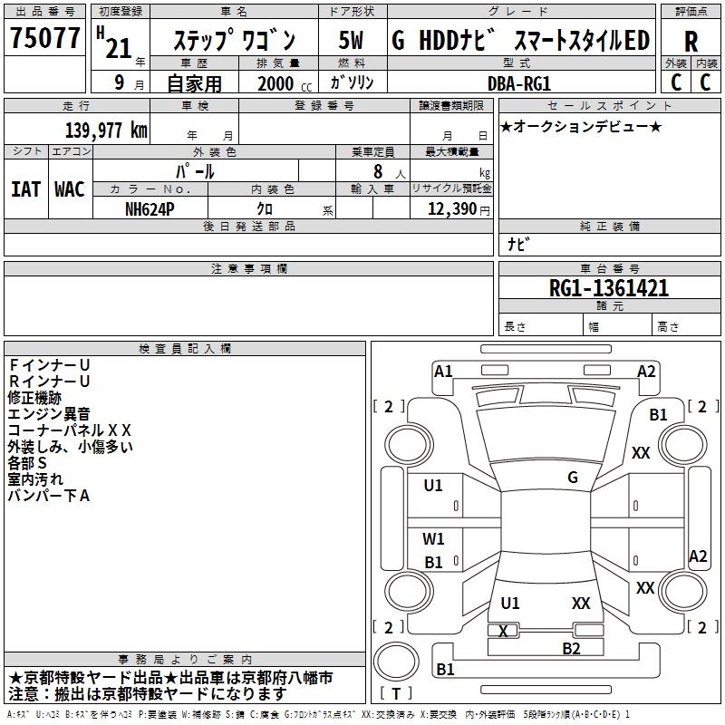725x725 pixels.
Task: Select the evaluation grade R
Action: pyautogui.click(x=691, y=41)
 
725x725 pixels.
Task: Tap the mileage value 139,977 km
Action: pyautogui.click(x=106, y=130)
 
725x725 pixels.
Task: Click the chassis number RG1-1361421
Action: pyautogui.click(x=609, y=288)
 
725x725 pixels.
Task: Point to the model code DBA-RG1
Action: pyautogui.click(x=519, y=83)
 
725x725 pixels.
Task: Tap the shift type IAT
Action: pyautogui.click(x=24, y=189)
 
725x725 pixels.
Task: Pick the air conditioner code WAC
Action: pyautogui.click(x=69, y=189)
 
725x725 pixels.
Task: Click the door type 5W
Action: pyautogui.click(x=352, y=41)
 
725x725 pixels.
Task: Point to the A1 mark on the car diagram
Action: pyautogui.click(x=443, y=371)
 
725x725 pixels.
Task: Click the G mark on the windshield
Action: pyautogui.click(x=573, y=478)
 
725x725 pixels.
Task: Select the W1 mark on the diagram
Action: pyautogui.click(x=433, y=539)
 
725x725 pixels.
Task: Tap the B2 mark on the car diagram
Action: pyautogui.click(x=571, y=648)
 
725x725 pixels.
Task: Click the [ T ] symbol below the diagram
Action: pyautogui.click(x=396, y=694)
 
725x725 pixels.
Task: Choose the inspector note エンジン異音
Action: pyautogui.click(x=43, y=413)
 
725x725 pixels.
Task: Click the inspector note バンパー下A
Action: pyautogui.click(x=49, y=495)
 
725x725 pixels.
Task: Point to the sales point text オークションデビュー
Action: pyautogui.click(x=580, y=126)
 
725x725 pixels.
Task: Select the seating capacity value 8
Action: pyautogui.click(x=376, y=171)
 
